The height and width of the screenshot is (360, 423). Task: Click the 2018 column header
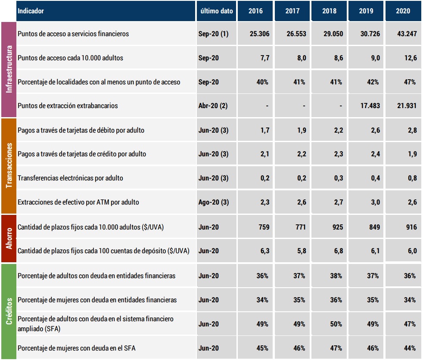tap(330, 11)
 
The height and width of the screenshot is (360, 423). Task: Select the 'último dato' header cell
tap(217, 11)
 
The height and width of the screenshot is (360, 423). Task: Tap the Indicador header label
tap(31, 11)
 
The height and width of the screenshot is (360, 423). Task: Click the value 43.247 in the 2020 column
tap(406, 34)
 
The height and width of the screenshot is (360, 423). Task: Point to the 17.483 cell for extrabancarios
tap(369, 106)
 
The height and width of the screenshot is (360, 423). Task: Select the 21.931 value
tap(406, 106)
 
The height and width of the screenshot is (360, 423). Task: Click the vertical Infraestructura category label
tap(9, 69)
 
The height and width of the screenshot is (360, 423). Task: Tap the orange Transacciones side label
tap(9, 166)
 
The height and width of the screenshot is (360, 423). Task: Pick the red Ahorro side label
tap(9, 238)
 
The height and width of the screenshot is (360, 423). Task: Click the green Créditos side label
tap(9, 311)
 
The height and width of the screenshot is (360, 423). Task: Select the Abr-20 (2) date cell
tap(213, 106)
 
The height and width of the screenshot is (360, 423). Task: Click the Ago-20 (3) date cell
tap(213, 202)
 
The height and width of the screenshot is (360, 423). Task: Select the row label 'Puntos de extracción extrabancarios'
tap(68, 106)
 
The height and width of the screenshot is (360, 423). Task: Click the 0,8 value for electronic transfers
tap(412, 178)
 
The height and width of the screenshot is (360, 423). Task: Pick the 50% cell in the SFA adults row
tap(336, 324)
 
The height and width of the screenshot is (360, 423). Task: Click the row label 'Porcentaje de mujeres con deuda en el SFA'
tap(76, 348)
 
